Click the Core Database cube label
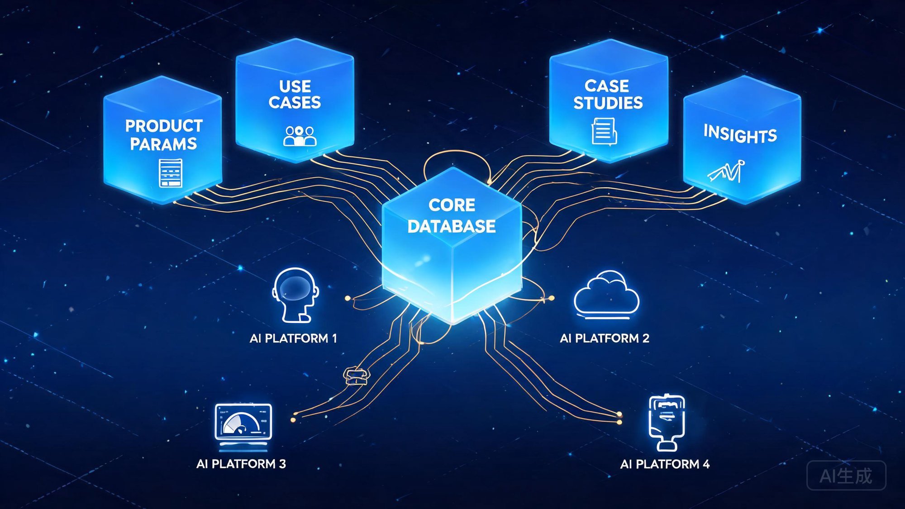click(452, 216)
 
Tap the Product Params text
click(163, 135)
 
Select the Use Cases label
click(295, 94)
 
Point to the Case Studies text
click(608, 94)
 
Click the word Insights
click(740, 134)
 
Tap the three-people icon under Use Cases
click(300, 136)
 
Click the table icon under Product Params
click(171, 173)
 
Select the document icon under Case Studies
click(604, 131)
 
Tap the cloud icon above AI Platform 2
click(606, 294)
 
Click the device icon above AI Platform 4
click(667, 422)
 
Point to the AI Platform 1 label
click(293, 338)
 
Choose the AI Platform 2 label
click(605, 338)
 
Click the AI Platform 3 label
click(241, 464)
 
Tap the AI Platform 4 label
click(665, 464)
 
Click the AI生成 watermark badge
click(846, 476)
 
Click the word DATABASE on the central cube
click(452, 226)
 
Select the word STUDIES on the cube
click(608, 103)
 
